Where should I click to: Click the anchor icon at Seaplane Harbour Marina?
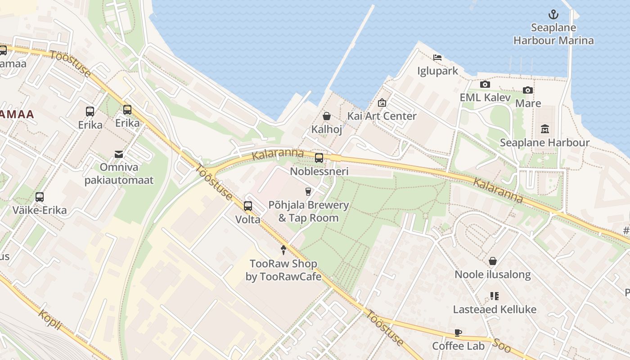click(x=553, y=15)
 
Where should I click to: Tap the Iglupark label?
click(x=437, y=71)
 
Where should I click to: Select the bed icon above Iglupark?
click(x=437, y=57)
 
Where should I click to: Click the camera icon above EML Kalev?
click(x=485, y=84)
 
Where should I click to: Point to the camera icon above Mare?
click(x=528, y=90)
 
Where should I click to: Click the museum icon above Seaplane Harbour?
click(x=545, y=129)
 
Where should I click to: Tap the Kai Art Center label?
click(x=382, y=116)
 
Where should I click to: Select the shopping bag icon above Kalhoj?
click(x=327, y=116)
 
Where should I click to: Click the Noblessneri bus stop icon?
click(x=319, y=157)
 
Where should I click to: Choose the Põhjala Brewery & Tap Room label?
click(x=308, y=211)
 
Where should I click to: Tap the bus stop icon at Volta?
click(x=248, y=206)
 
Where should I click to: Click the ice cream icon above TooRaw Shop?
click(x=283, y=250)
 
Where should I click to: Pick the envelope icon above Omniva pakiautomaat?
click(x=119, y=154)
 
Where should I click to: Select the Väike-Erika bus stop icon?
click(x=40, y=197)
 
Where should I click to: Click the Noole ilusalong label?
click(x=493, y=274)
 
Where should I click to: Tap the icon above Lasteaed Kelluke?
click(x=495, y=296)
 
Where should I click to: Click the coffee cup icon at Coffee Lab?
click(x=458, y=333)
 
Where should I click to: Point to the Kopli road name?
click(x=49, y=319)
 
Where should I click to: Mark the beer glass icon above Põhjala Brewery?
click(x=308, y=192)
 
